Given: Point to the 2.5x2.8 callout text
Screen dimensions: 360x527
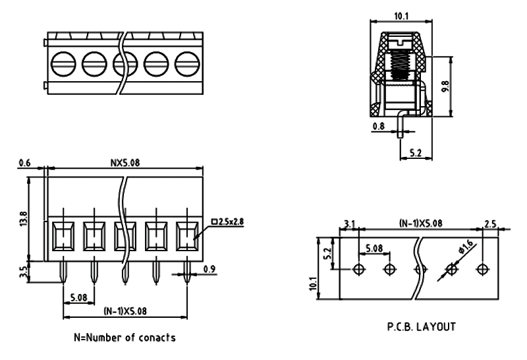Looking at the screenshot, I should [x=233, y=222].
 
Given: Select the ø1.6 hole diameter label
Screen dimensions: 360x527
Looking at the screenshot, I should [x=466, y=248].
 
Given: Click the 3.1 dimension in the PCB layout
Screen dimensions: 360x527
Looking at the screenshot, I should [x=350, y=225].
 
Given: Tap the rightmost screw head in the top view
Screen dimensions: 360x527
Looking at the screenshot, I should [x=188, y=64].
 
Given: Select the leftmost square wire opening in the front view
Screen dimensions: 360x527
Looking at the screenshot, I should [x=63, y=235].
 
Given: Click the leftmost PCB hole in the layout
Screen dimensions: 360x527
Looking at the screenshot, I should [x=358, y=269].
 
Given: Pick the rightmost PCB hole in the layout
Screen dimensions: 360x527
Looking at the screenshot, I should [x=484, y=269].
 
